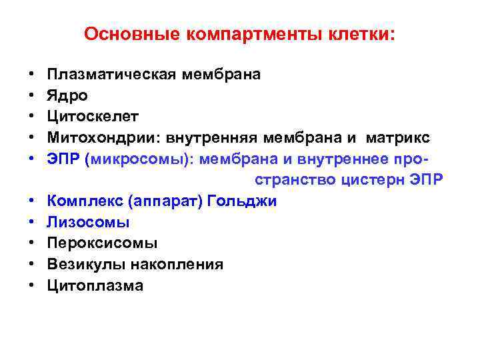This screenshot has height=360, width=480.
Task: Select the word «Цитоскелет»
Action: [x=93, y=117]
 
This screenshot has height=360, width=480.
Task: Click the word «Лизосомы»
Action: [x=89, y=222]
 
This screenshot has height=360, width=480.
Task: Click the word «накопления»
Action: [x=177, y=265]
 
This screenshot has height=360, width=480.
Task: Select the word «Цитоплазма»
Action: [x=95, y=286]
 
